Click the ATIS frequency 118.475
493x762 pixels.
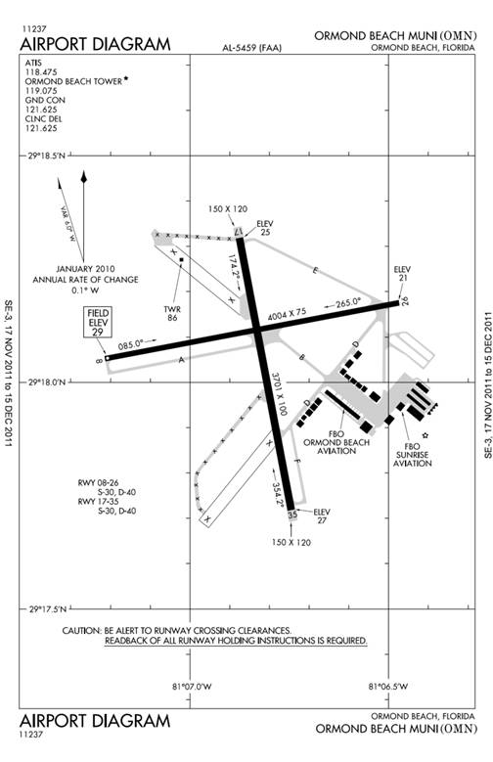(x=41, y=72)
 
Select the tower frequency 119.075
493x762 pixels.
(x=41, y=91)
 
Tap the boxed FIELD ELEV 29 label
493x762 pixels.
(x=98, y=322)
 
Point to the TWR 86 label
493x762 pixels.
(x=172, y=313)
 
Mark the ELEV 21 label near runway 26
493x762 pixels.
(x=402, y=274)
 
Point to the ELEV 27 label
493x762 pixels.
(x=322, y=516)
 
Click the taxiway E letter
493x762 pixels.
(x=315, y=271)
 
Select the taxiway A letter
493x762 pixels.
(x=182, y=360)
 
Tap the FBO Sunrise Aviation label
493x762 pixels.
(x=412, y=455)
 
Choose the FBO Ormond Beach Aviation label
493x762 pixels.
(x=336, y=442)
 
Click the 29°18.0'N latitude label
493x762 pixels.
(x=47, y=382)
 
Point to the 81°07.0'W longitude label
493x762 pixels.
(x=192, y=687)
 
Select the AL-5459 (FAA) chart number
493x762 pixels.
(x=251, y=48)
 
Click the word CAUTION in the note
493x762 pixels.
(x=82, y=631)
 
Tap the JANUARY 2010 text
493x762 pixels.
(x=85, y=269)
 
